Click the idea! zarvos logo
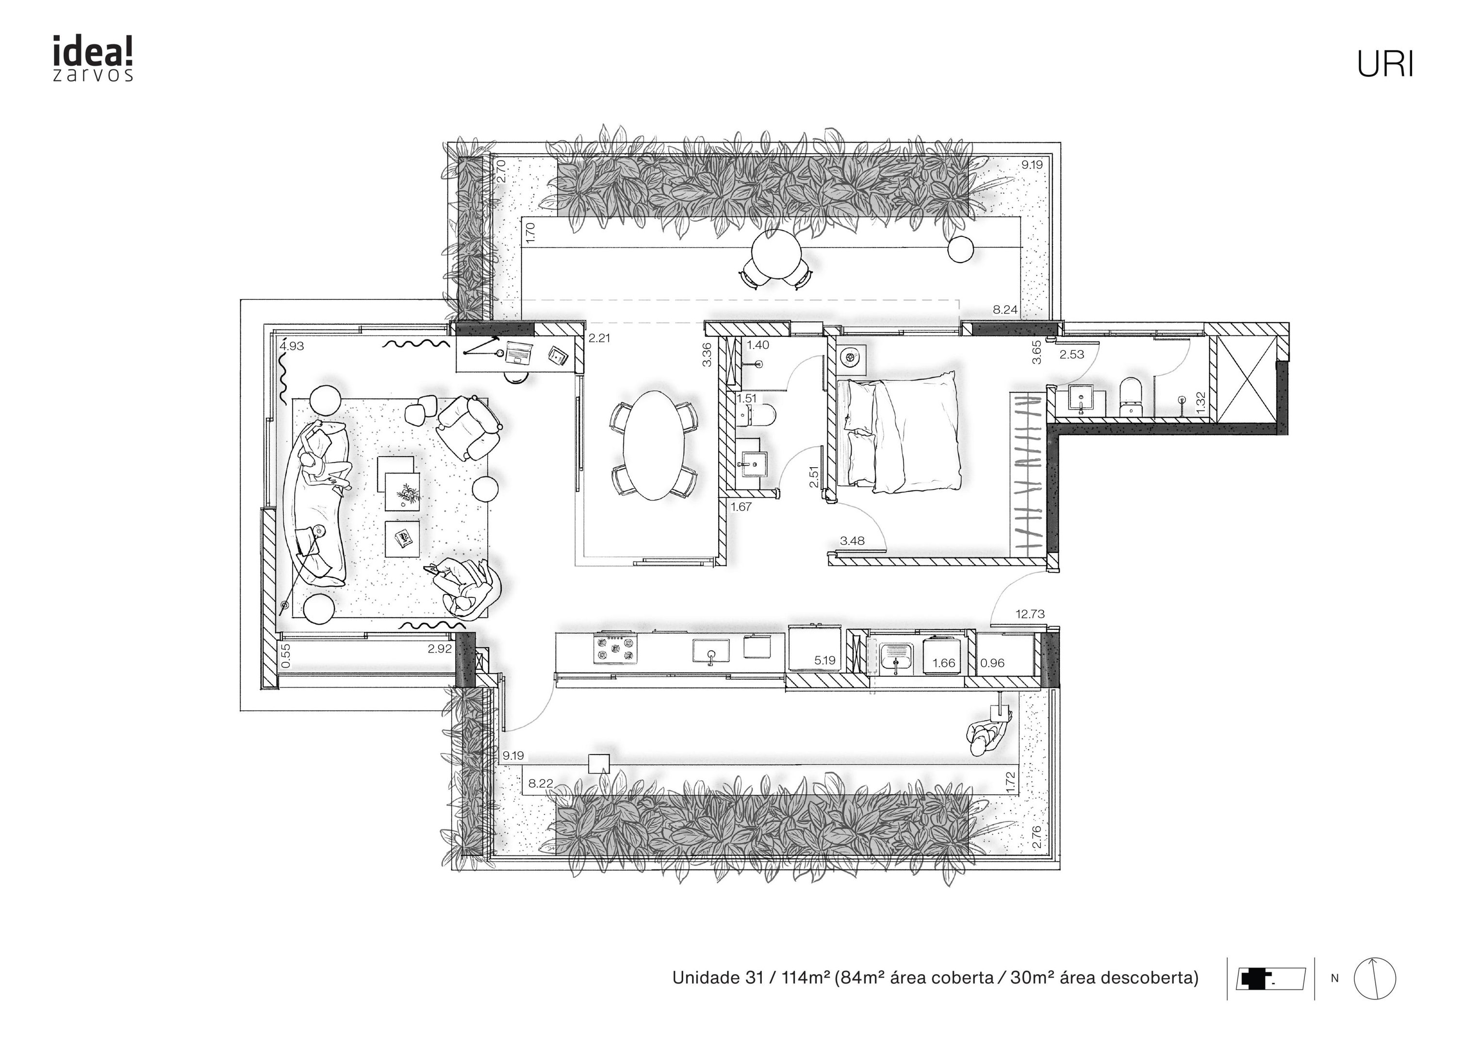[93, 59]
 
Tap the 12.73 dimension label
[1030, 614]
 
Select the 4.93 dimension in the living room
[292, 346]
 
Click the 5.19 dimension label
[825, 660]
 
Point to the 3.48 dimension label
[853, 541]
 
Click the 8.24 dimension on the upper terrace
[1005, 310]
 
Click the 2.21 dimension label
[599, 338]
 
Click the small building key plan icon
[1270, 979]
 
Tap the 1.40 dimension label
[758, 345]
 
